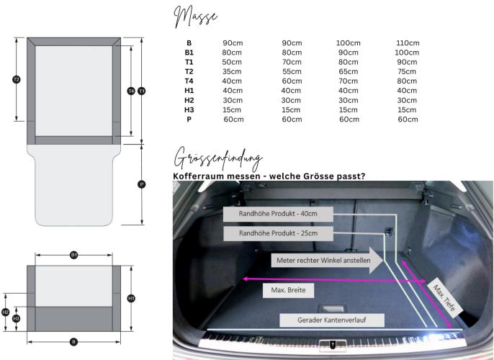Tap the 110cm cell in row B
coord(407,43)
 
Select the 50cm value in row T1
coord(233,63)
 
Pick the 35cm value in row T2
coord(233,72)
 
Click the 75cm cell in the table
coord(407,72)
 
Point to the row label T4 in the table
coord(189,81)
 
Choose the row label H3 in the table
coord(189,109)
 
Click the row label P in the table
coord(189,120)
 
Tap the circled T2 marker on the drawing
coord(17,79)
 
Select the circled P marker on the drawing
coord(141,184)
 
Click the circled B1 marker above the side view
coord(73,255)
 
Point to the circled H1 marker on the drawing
coord(130,298)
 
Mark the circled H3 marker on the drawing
coord(17,318)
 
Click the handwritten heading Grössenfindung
coord(218,158)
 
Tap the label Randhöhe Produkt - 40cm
coord(277,214)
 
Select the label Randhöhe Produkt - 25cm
coord(277,233)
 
